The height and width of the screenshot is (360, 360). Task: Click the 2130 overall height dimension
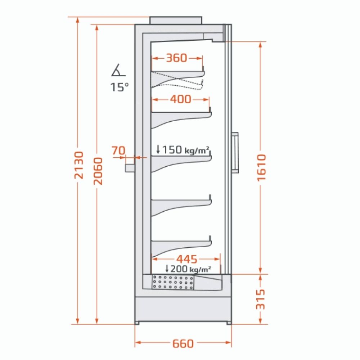point(79,165)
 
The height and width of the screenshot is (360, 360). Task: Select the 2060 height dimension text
point(98,171)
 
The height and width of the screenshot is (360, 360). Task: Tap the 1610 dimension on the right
point(261,168)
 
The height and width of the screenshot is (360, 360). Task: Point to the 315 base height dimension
point(261,299)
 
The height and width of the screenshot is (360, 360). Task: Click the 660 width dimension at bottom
point(183,343)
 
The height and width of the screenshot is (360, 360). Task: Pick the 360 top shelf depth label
point(176,58)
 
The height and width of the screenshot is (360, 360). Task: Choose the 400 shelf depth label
point(181,99)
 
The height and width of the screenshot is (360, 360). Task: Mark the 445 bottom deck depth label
point(186,259)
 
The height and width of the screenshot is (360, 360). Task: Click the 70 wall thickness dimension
point(119,150)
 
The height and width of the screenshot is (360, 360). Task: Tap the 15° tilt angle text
point(120,87)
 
